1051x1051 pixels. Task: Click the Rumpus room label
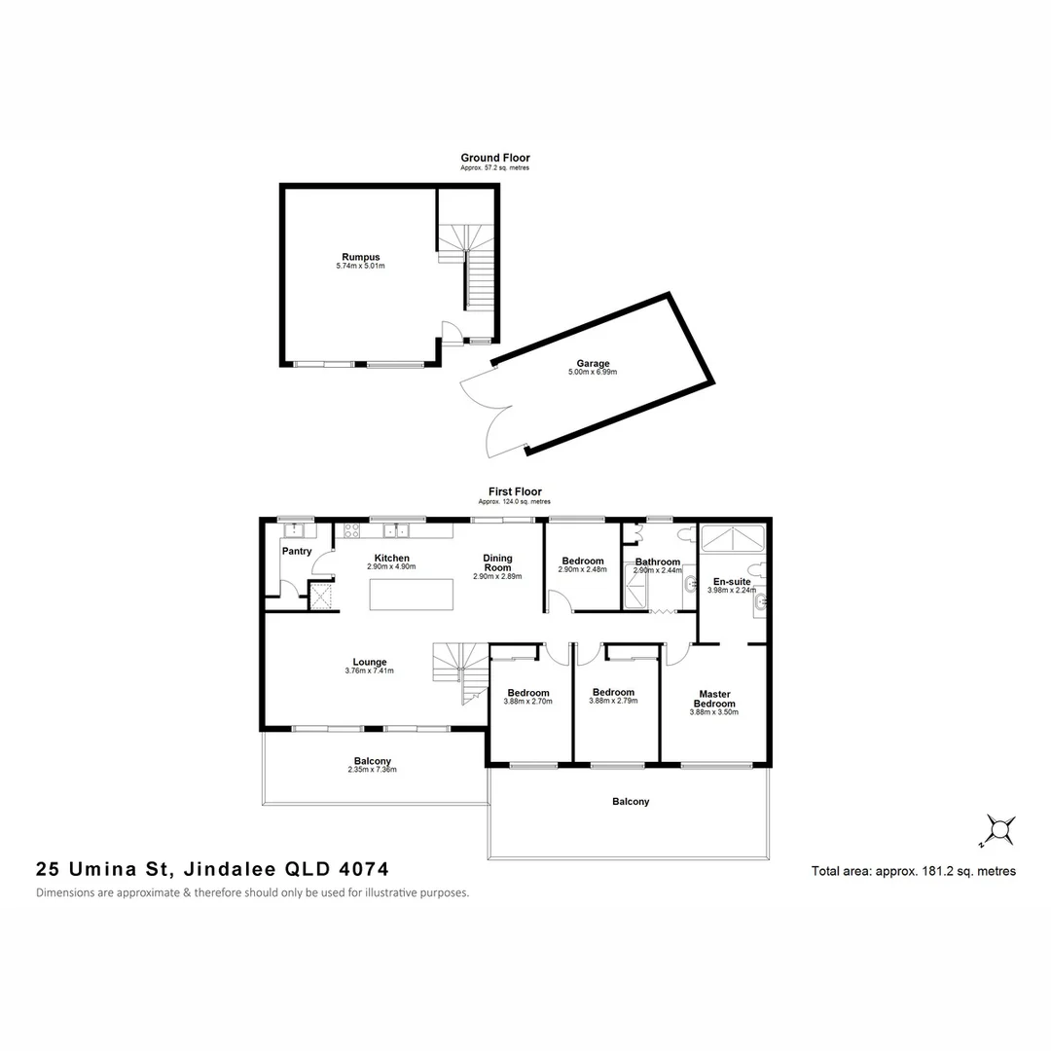(353, 257)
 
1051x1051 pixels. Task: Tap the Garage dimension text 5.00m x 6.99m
(594, 373)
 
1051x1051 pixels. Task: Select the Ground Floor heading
(495, 158)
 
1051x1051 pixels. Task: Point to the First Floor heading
(515, 492)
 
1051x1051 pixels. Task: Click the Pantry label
(297, 552)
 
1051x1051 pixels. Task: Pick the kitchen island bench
(412, 594)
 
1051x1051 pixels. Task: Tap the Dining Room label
(497, 563)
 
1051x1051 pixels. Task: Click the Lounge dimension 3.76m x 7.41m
(370, 671)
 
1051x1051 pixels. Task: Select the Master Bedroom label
(715, 699)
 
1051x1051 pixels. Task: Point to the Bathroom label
(658, 562)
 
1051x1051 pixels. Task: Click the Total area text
(913, 872)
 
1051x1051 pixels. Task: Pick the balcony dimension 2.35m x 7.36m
(372, 770)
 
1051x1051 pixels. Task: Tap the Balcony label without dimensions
(631, 802)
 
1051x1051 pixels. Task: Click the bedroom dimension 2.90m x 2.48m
(583, 570)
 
